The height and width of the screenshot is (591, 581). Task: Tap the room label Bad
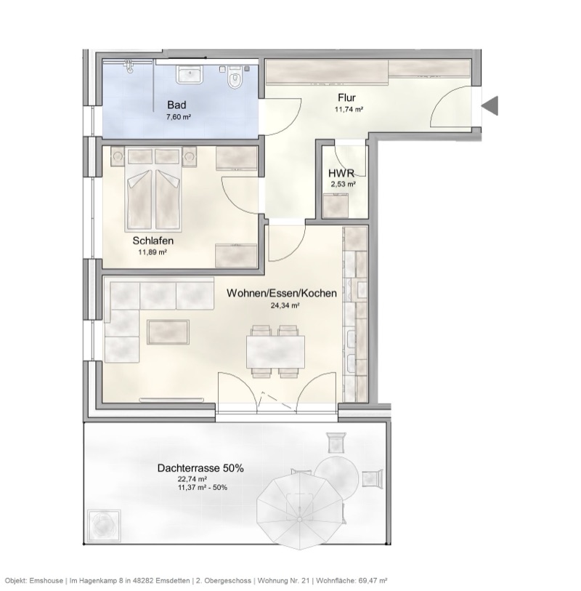[176, 105]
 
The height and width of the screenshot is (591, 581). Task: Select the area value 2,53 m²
[343, 185]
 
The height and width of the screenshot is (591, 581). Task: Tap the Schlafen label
[153, 241]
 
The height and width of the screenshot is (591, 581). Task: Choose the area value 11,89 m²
[153, 252]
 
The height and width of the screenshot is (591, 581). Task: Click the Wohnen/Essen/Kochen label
[281, 294]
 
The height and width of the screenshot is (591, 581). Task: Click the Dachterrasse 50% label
[200, 469]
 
